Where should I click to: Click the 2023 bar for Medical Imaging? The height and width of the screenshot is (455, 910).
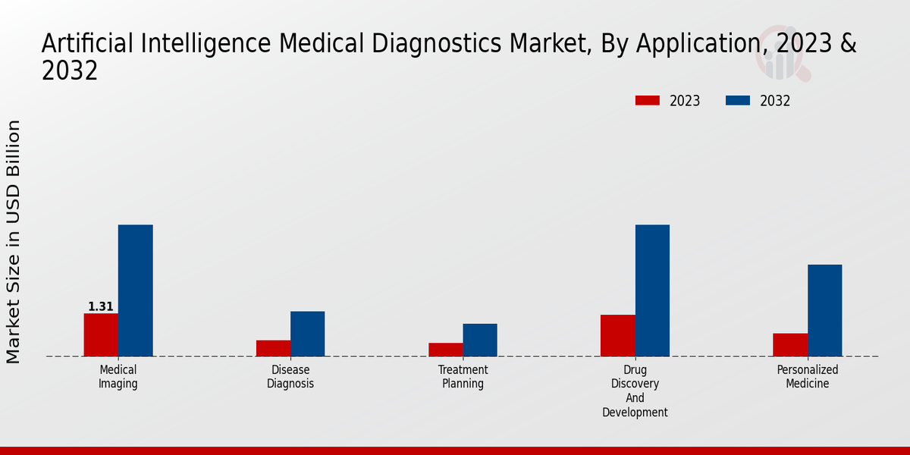(101, 334)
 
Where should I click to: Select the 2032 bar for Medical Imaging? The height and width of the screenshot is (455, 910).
(135, 290)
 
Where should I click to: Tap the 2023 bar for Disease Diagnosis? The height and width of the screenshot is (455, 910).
(273, 348)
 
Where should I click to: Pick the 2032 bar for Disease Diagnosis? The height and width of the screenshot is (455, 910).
(307, 334)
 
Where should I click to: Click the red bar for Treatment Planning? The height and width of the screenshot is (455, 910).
(445, 350)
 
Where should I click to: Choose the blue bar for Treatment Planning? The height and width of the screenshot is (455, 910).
(480, 340)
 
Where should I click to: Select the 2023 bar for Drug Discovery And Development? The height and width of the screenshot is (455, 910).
(617, 335)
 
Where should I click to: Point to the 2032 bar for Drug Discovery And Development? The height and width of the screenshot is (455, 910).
(652, 290)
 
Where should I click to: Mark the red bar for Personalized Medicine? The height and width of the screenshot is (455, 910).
(790, 344)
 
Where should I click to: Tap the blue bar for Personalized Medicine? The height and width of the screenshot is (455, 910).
(824, 310)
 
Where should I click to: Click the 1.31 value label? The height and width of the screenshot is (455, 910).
(101, 307)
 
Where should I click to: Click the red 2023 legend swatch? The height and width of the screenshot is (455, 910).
(647, 101)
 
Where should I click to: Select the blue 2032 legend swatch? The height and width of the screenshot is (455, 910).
(738, 101)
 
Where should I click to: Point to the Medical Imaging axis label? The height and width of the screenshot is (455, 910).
(118, 377)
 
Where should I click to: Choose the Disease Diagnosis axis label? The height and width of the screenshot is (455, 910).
(290, 377)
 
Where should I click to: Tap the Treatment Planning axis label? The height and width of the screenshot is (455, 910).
(463, 377)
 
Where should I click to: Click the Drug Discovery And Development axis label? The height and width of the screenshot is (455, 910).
(635, 391)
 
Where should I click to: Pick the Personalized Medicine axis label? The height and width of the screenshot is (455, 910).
(808, 377)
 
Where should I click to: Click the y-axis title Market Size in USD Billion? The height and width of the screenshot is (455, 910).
(14, 241)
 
